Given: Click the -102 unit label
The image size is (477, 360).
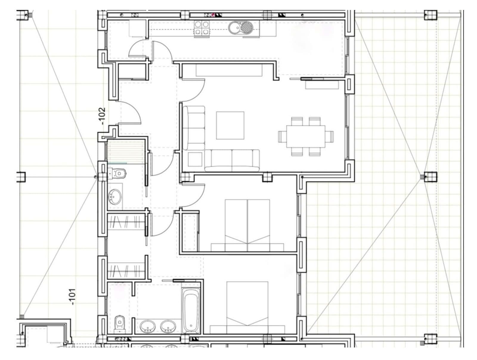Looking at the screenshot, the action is [x=102, y=116].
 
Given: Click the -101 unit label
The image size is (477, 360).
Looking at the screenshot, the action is [x=72, y=296].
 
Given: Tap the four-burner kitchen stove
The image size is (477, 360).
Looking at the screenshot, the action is [x=202, y=28].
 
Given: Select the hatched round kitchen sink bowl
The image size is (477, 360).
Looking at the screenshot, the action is [x=247, y=27].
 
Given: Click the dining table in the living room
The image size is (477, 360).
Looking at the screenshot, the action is [x=306, y=136].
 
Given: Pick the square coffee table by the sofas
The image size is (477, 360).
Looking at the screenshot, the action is [x=230, y=125].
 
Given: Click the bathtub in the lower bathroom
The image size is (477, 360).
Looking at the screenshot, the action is [x=191, y=310].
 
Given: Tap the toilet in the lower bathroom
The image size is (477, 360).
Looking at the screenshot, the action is [x=119, y=324].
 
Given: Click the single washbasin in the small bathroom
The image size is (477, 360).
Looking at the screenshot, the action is [x=115, y=197].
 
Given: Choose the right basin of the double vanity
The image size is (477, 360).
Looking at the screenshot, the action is [x=168, y=326].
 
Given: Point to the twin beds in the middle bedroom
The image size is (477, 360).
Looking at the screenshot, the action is [x=247, y=225].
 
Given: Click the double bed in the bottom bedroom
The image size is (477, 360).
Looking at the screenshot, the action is [x=247, y=307].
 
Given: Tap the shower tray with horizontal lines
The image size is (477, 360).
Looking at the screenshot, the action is [x=126, y=152].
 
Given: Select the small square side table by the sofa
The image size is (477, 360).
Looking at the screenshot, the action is [x=195, y=159].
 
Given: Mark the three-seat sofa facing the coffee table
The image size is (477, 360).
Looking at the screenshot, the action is [x=232, y=161].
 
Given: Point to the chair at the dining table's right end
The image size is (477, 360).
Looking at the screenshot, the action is [x=329, y=137].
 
